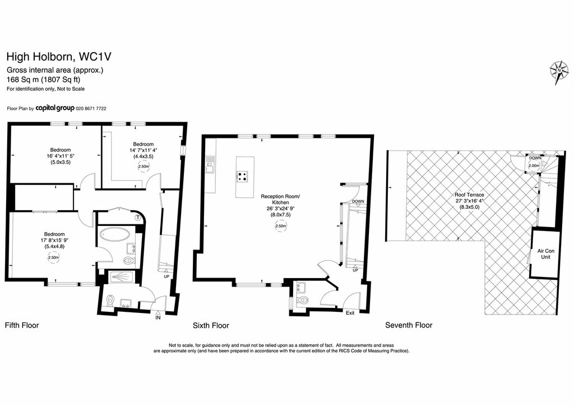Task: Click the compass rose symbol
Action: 559,72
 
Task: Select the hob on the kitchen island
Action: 243,176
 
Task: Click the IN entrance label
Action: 158,318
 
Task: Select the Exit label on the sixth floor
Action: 350,313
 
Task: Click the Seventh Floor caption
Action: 409,325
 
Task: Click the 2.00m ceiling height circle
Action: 534,165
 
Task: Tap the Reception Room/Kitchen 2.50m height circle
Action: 280,226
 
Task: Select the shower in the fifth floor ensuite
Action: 119,276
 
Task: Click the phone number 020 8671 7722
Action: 91,109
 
